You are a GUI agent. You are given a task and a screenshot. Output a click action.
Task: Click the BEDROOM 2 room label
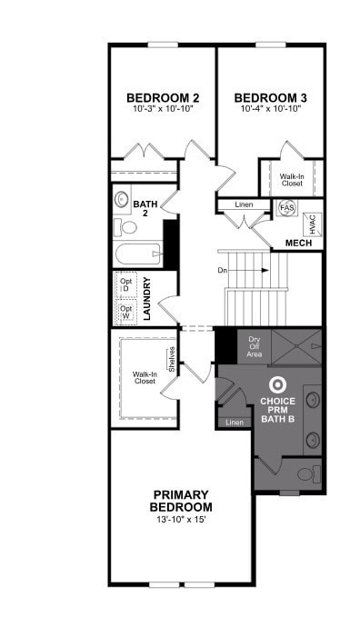pyautogui.click(x=163, y=98)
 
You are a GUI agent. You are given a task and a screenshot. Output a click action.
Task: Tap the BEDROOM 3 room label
pyautogui.click(x=270, y=98)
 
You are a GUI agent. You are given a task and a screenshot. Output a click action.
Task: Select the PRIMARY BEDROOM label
pyautogui.click(x=182, y=501)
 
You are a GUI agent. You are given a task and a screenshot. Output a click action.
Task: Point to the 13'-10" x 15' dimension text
pyautogui.click(x=182, y=520)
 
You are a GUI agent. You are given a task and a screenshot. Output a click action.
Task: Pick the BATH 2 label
pyautogui.click(x=146, y=207)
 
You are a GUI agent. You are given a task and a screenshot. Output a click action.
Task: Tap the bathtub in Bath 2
pyautogui.click(x=137, y=254)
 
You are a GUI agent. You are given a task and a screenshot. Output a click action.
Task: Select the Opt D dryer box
pyautogui.click(x=125, y=284)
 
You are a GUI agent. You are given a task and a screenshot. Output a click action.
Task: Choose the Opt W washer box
pyautogui.click(x=125, y=313)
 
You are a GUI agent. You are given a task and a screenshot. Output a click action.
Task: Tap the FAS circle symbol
pyautogui.click(x=286, y=207)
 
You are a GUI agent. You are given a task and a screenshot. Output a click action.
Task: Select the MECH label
pyautogui.click(x=299, y=244)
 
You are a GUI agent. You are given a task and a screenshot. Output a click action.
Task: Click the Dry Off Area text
pyautogui.click(x=254, y=346)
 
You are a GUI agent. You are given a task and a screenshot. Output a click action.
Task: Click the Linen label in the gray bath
pyautogui.click(x=235, y=423)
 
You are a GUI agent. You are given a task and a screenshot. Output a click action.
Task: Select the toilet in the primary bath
pyautogui.click(x=306, y=474)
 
